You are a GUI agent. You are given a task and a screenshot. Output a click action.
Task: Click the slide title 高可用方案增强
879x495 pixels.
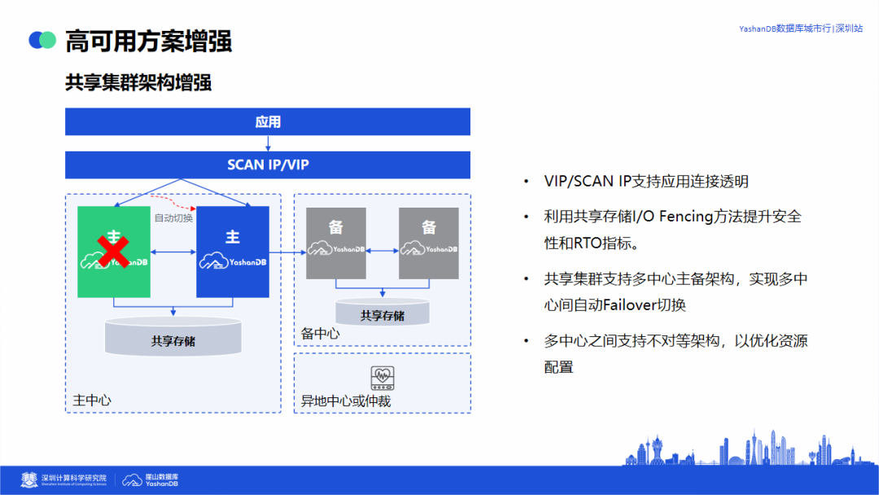148,40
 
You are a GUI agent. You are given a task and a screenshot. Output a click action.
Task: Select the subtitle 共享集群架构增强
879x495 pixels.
138,83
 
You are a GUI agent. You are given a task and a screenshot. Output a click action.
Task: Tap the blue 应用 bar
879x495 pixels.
268,122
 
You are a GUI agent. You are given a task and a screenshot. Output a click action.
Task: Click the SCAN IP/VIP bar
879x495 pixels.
268,165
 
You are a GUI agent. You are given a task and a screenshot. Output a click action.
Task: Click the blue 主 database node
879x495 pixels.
233,252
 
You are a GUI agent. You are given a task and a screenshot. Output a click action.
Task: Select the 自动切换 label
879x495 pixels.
173,217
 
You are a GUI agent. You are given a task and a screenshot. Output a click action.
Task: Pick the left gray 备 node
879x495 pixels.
336,243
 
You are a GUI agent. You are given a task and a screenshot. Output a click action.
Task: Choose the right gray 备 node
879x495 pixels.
429,243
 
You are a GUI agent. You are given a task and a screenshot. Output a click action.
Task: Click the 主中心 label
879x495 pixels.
92,400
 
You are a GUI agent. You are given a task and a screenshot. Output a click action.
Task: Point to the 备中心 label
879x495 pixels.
321,334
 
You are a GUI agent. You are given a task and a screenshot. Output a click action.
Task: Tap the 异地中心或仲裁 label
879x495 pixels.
346,401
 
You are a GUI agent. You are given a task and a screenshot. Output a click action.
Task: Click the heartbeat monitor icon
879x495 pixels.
383,377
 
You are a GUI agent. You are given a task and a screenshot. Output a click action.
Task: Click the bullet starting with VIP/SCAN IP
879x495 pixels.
646,182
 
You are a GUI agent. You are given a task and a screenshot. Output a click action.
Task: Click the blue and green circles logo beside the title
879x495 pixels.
42,40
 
